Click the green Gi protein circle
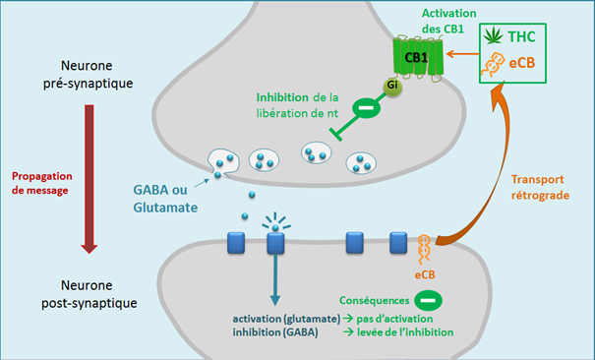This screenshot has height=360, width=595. (x=392, y=87)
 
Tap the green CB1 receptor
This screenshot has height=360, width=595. (x=417, y=58)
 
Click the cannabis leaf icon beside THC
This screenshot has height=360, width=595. (x=494, y=36)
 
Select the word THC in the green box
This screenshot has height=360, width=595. (x=522, y=36)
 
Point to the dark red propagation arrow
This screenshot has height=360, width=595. (x=89, y=179)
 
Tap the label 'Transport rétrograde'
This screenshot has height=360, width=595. (x=540, y=187)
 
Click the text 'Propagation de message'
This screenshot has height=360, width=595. (x=41, y=183)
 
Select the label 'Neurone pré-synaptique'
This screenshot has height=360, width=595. (x=88, y=75)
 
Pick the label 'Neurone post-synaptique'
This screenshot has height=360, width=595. (x=89, y=294)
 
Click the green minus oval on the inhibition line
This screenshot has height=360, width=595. (x=366, y=108)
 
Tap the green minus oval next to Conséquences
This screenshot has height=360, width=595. (x=428, y=300)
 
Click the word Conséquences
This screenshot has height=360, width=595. (x=374, y=300)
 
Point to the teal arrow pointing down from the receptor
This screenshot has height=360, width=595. (x=275, y=279)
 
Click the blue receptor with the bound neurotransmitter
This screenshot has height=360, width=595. (x=275, y=243)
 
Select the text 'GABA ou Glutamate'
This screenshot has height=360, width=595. (x=165, y=199)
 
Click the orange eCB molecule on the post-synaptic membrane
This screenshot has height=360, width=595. (x=424, y=249)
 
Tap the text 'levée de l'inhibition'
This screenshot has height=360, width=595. (x=405, y=332)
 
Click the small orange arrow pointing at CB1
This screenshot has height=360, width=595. (x=462, y=54)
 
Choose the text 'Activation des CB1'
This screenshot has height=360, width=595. (x=448, y=21)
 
